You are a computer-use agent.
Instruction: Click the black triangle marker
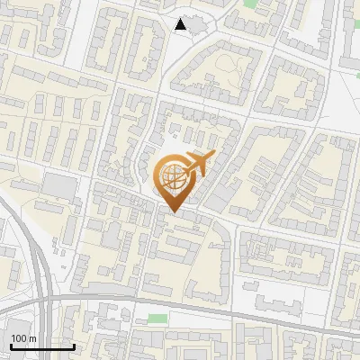(x=182, y=24)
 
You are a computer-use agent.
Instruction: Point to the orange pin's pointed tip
(x=173, y=212)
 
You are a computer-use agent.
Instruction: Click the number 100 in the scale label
(x=19, y=338)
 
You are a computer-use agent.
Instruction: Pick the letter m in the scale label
(x=32, y=338)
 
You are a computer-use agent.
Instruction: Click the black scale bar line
(x=41, y=346)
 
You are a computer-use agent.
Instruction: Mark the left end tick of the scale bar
(x=10, y=345)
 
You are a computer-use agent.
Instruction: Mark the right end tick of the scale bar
(x=74, y=345)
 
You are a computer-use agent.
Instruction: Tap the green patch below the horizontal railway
(x=158, y=318)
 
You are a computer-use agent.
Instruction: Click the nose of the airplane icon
(x=214, y=156)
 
